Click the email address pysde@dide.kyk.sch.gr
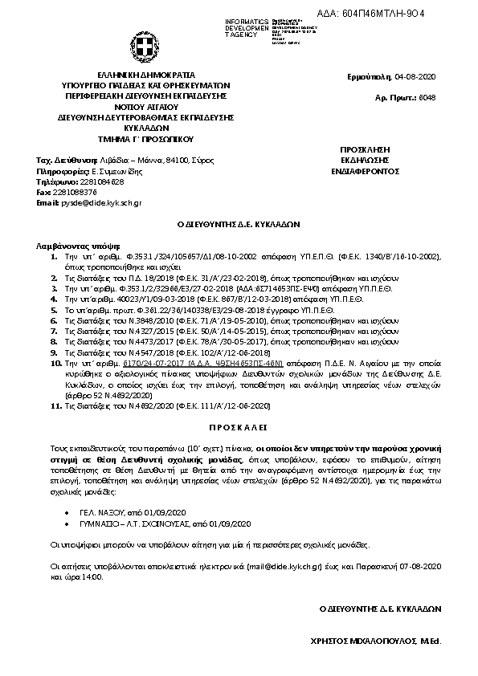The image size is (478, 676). pyautogui.click(x=101, y=203)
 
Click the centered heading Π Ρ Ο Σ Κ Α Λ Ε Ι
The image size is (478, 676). pyautogui.click(x=239, y=422)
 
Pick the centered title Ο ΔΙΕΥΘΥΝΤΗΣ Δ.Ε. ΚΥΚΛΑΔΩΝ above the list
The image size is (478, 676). pyautogui.click(x=238, y=226)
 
